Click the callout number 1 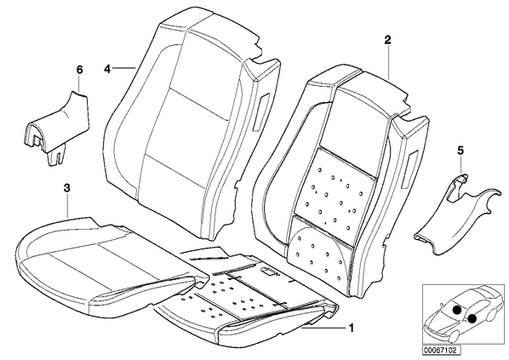(351, 329)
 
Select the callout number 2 (387, 40)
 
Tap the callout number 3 (66, 188)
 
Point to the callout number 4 (108, 69)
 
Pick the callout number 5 (460, 151)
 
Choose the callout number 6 (79, 70)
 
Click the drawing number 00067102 (440, 351)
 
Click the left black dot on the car (457, 310)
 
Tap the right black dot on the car (472, 319)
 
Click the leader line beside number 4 (124, 68)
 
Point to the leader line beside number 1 (323, 329)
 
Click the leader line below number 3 (67, 207)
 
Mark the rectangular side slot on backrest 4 (262, 112)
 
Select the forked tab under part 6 (56, 156)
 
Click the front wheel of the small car (451, 337)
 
